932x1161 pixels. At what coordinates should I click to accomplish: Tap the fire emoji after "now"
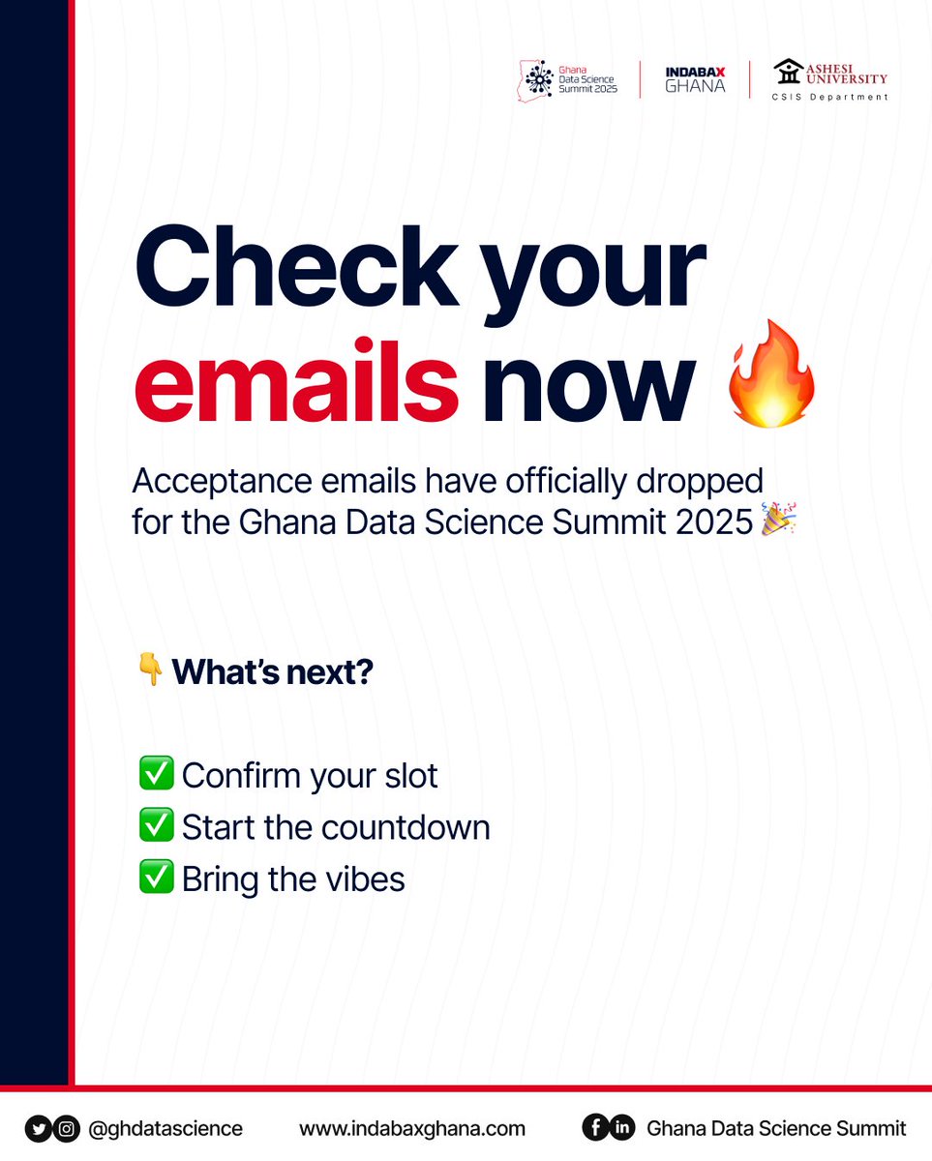point(771,376)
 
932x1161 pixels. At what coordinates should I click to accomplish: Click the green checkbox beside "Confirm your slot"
point(156,774)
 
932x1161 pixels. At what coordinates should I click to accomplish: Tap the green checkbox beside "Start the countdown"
point(156,826)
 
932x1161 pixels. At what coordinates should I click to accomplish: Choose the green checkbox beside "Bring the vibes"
point(156,878)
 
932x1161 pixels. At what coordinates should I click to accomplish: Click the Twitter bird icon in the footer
point(39,1128)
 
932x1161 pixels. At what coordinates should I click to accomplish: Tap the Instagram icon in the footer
point(66,1128)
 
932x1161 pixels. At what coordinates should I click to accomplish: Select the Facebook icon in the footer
point(594,1128)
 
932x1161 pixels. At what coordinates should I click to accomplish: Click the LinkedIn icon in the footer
point(621,1128)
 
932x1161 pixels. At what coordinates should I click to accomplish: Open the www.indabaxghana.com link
point(412,1128)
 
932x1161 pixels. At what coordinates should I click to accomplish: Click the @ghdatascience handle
point(165,1128)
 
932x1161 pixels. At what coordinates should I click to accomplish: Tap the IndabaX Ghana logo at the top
point(695,78)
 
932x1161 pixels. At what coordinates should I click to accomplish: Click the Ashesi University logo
point(830,78)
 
